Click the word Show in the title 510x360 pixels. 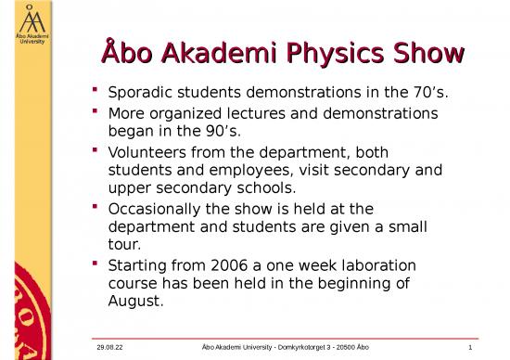(430, 54)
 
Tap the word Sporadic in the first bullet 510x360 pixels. (141, 94)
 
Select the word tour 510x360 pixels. (125, 245)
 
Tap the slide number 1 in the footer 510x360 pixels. (471, 348)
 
